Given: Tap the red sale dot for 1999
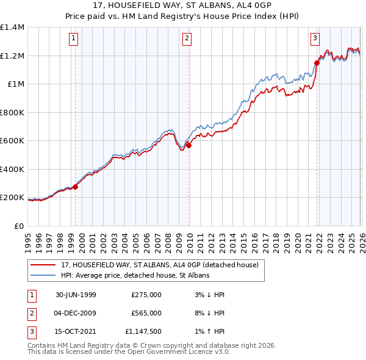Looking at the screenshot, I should click(x=76, y=187).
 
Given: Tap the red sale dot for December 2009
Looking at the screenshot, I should click(x=188, y=145).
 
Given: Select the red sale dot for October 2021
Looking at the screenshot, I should click(x=317, y=62).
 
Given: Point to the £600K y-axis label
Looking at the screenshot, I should click(x=12, y=141).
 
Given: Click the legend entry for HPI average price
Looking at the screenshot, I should click(x=135, y=276).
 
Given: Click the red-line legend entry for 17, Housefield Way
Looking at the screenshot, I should click(x=160, y=265).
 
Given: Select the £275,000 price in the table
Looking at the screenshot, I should click(x=146, y=295).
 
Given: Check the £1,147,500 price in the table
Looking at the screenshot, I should click(x=146, y=331).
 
